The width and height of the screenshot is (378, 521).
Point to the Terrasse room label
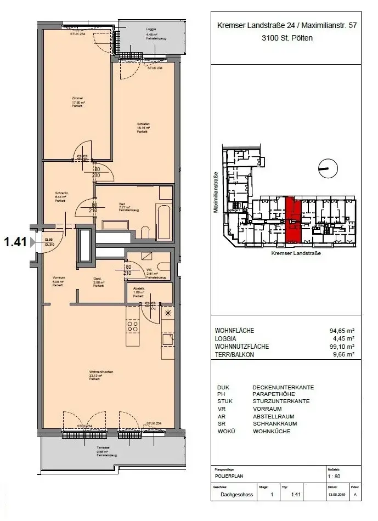(x=104, y=451)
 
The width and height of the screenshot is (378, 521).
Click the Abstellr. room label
(x=138, y=290)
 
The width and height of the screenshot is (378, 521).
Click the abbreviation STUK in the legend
(x=224, y=401)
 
